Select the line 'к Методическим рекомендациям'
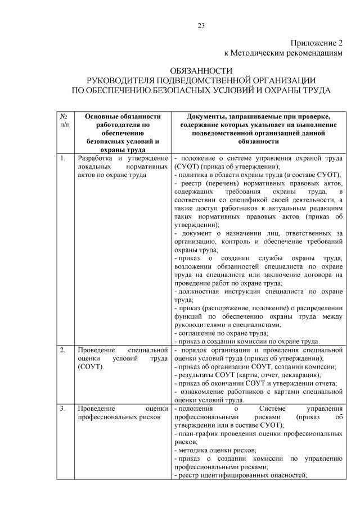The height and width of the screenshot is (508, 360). (283, 53)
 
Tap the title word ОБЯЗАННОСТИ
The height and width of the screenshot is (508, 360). (201, 71)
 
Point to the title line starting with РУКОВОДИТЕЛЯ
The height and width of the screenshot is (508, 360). (201, 80)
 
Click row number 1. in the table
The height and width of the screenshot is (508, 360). (62, 159)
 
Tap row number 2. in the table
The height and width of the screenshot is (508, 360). (62, 350)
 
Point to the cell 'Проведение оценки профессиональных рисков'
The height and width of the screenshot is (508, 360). (123, 413)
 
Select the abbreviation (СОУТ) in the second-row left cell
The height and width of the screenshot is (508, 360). (91, 366)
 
